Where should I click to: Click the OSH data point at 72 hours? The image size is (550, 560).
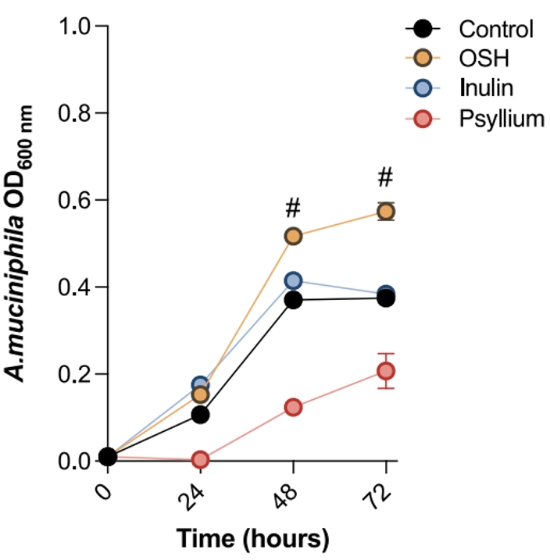pos(386,212)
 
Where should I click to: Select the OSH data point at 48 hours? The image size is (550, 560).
pos(294,236)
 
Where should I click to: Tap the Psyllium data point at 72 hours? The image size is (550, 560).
pos(386,371)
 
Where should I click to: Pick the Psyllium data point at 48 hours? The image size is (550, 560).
pos(294,408)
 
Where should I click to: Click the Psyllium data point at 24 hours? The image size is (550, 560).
pos(200,459)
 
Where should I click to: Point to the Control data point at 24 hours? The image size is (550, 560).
pos(200,414)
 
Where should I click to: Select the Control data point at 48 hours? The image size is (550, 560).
pos(294,300)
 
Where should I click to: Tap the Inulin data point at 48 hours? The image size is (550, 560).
pos(294,280)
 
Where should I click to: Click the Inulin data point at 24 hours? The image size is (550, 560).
pos(200,385)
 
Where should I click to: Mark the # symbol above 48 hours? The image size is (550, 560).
pos(294,208)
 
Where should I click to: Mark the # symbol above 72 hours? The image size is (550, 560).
pos(385,178)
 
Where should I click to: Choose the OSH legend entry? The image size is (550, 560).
pos(478,59)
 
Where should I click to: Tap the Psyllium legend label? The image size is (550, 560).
pos(500,119)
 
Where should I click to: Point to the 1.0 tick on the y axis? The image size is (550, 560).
pos(77,27)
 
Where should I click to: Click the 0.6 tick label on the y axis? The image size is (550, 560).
pos(77,201)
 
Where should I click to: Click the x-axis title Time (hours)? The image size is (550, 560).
pos(252,539)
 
